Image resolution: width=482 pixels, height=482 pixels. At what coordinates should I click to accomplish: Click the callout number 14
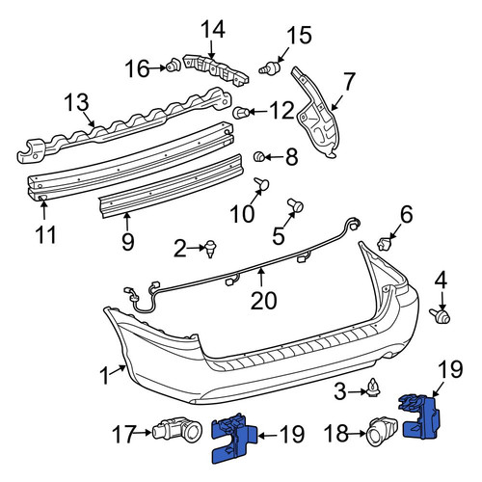(213, 30)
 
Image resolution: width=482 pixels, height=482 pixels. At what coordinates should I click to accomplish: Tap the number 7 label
(349, 82)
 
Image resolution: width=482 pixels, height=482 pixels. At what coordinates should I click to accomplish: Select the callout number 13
(76, 102)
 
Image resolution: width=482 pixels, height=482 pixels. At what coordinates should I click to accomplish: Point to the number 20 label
(263, 301)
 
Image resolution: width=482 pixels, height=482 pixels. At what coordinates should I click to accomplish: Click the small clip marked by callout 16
(174, 66)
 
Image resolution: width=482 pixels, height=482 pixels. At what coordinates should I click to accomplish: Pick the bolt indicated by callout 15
(270, 68)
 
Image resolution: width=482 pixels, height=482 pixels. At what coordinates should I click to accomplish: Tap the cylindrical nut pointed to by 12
(240, 113)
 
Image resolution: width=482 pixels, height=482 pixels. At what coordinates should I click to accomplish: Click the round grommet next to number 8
(259, 157)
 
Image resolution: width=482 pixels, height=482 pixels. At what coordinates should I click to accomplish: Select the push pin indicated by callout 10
(261, 184)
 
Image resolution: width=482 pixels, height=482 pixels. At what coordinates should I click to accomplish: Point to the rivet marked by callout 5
(296, 205)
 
